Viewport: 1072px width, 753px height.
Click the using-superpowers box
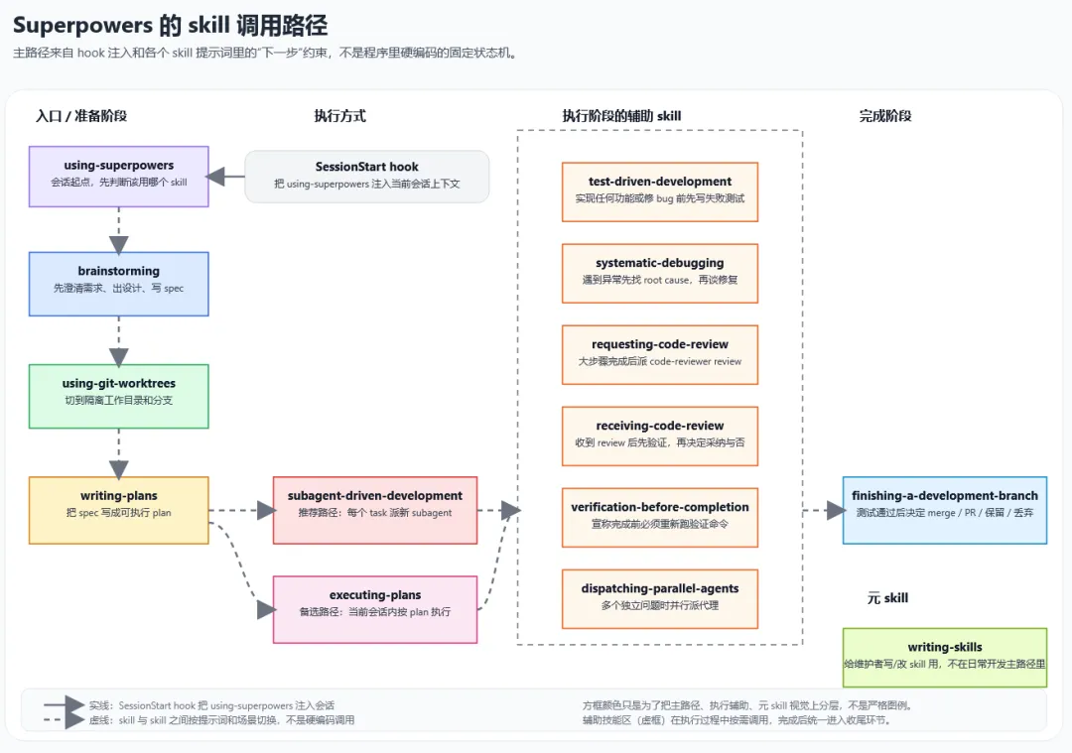[x=118, y=176]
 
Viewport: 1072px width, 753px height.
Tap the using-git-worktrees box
[x=118, y=396]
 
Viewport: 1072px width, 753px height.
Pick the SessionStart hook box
[x=366, y=176]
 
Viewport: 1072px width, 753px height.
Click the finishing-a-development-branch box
[x=944, y=510]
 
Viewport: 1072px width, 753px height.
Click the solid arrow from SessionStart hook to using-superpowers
[x=227, y=178]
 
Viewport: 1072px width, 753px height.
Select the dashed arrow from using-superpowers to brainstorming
[x=118, y=230]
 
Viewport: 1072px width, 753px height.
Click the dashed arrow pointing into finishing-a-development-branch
[x=823, y=511]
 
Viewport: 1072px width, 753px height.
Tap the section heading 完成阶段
[x=884, y=116]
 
